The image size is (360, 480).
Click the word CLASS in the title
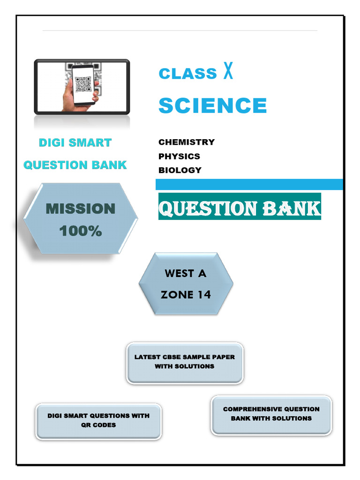pyautogui.click(x=187, y=74)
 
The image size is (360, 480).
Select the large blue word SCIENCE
pyautogui.click(x=212, y=105)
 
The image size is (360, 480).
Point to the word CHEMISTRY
pyautogui.click(x=187, y=142)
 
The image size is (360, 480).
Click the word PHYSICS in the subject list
pyautogui.click(x=179, y=156)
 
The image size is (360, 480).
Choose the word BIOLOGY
pyautogui.click(x=180, y=170)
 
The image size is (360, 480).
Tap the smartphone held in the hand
pyautogui.click(x=83, y=85)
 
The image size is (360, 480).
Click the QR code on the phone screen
pyautogui.click(x=83, y=84)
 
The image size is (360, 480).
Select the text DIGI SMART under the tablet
pyautogui.click(x=75, y=142)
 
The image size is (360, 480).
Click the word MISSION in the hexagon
pyautogui.click(x=81, y=209)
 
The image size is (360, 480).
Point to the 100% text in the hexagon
pyautogui.click(x=81, y=231)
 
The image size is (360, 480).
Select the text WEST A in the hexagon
pyautogui.click(x=186, y=273)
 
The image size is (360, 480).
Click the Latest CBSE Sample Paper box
pyautogui.click(x=185, y=362)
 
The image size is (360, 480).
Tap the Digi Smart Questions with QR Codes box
pyautogui.click(x=98, y=421)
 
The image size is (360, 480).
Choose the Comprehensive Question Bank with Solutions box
pyautogui.click(x=271, y=414)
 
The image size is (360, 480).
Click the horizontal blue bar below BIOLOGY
pyautogui.click(x=249, y=184)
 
